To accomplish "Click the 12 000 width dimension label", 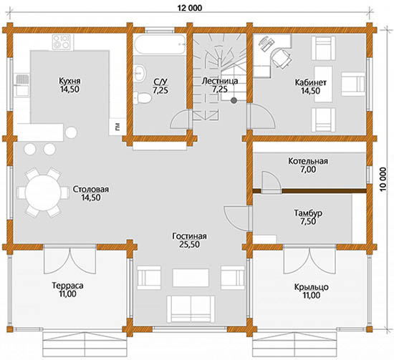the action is [189, 8].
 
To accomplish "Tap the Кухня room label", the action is [69, 81].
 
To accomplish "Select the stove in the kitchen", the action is [62, 42].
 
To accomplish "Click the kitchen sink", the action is [21, 84].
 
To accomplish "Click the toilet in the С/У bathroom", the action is [143, 97].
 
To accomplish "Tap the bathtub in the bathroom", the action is [160, 44].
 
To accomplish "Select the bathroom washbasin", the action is [140, 73].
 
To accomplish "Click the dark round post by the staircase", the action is [234, 101].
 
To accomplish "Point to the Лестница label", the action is [220, 81].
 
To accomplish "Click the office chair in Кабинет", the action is [281, 57].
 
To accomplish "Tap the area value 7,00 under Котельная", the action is [308, 170].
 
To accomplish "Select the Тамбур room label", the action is [308, 213].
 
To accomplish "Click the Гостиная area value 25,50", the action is [189, 244].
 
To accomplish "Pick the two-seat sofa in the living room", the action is [191, 309].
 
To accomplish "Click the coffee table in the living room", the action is [191, 278].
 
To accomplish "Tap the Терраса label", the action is [67, 286].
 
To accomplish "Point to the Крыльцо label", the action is [312, 287].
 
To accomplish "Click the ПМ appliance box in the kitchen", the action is [117, 127].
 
